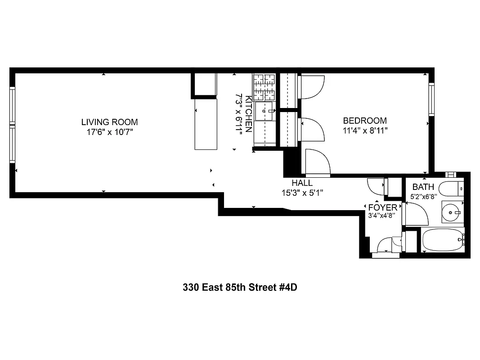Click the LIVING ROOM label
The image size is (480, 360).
pos(109,122)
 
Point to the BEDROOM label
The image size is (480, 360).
pos(364,121)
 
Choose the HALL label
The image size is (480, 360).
pos(302,183)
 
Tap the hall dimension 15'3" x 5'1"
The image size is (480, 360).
pos(302,193)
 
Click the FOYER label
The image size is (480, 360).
pos(383,207)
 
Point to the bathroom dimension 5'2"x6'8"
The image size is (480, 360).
pos(423,197)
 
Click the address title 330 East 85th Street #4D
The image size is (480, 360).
pos(240,287)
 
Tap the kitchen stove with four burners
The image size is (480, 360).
pos(264,87)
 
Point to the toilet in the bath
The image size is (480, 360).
pos(450,189)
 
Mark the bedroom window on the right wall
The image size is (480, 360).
pos(431,99)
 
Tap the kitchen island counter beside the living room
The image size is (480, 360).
pos(206,124)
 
